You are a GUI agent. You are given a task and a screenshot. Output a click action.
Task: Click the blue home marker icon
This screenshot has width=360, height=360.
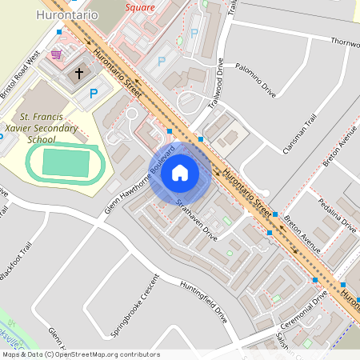click(180, 172)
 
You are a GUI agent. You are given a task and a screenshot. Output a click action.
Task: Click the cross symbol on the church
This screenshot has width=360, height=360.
click(79, 74)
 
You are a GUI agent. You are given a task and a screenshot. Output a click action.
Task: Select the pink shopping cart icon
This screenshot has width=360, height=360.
click(56, 54)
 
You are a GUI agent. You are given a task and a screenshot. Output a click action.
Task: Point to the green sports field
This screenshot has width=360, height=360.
click(66, 163)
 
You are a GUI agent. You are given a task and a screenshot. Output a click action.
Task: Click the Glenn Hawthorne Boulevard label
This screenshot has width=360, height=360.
click(139, 182)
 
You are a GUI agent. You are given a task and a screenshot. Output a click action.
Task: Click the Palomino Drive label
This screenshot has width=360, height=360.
click(256, 80)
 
